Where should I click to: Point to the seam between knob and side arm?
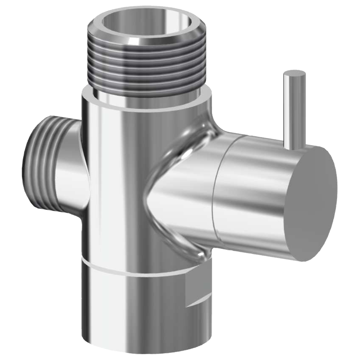[216, 188]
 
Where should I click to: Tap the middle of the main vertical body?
[116, 180]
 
